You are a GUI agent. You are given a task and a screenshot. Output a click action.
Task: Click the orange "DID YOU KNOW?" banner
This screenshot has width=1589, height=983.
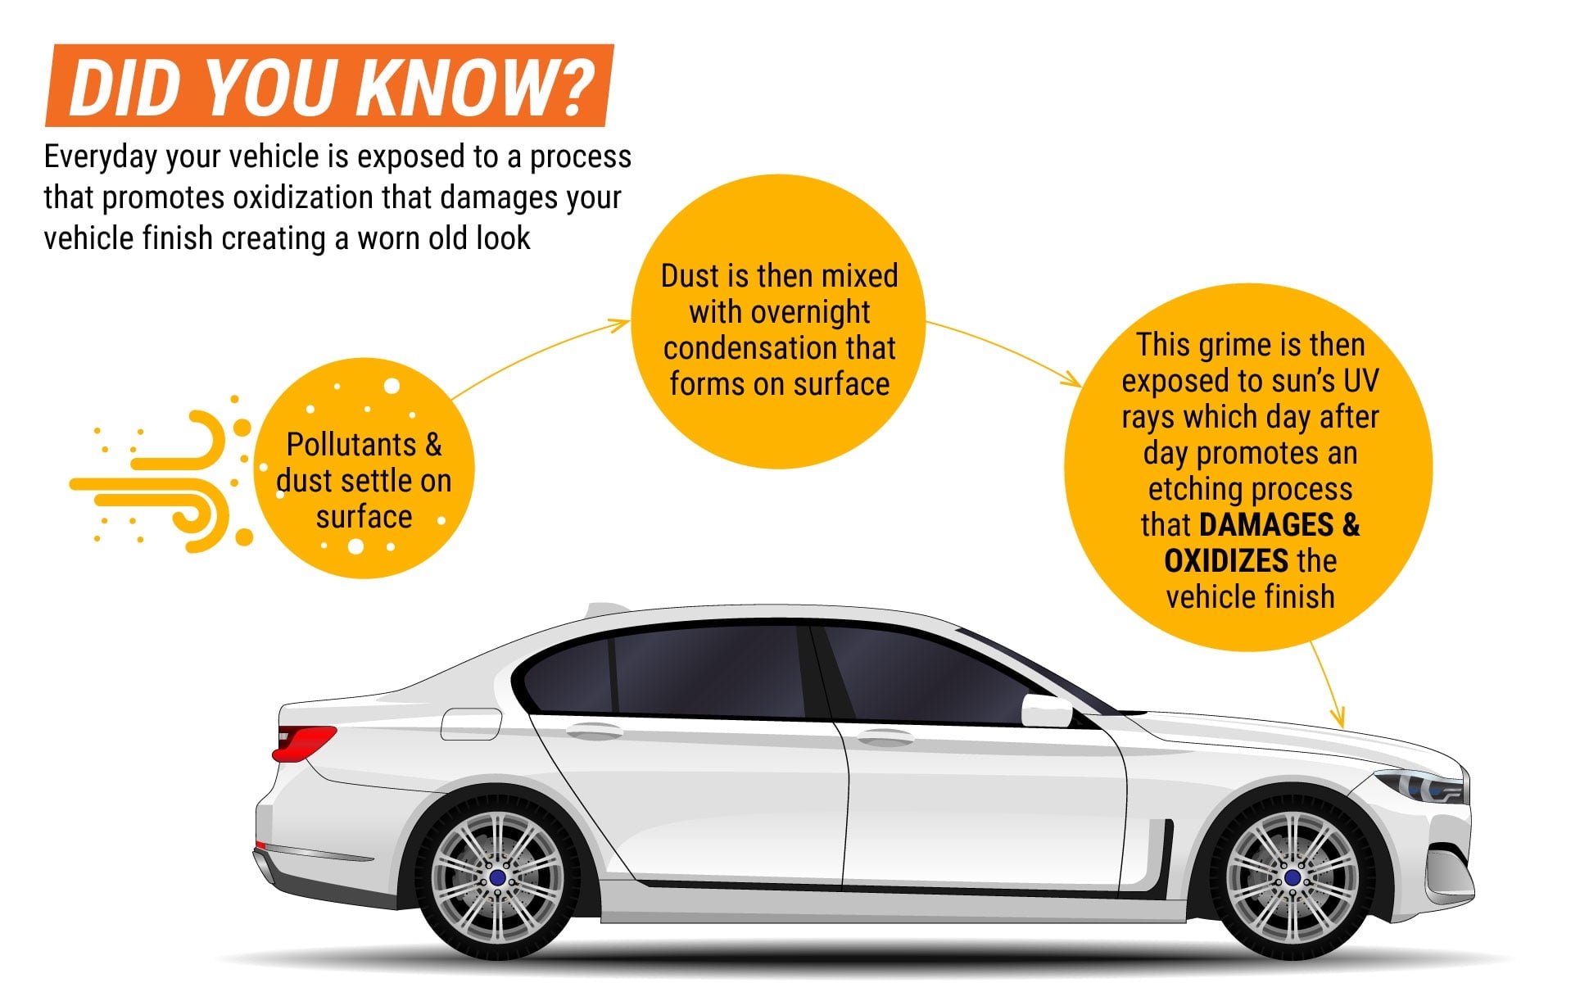(x=329, y=85)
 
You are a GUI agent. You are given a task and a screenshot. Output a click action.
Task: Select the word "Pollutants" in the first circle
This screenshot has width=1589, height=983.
(x=351, y=445)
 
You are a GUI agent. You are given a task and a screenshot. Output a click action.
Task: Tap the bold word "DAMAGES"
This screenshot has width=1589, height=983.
(x=1266, y=525)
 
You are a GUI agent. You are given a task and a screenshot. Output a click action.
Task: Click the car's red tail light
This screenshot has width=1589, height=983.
(x=304, y=741)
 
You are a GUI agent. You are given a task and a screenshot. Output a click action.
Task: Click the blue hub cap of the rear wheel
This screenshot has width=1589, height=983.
(x=497, y=878)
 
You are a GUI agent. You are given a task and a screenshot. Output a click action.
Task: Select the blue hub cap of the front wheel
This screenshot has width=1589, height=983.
(x=1292, y=878)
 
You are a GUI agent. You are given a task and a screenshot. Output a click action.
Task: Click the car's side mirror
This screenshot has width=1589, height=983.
(x=1047, y=710)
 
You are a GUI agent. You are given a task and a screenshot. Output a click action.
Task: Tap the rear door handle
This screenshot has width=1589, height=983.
(x=595, y=731)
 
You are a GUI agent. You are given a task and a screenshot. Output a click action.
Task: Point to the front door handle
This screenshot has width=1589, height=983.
(x=885, y=737)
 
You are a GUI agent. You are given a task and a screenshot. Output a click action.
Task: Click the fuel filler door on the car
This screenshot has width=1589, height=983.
(x=471, y=724)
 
